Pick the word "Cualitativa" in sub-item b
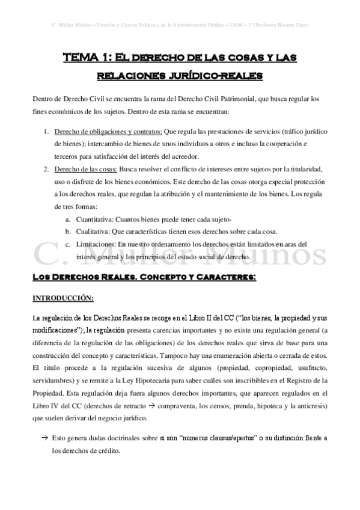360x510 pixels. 91,232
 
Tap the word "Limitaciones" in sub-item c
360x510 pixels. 95,244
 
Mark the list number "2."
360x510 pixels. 46,170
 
